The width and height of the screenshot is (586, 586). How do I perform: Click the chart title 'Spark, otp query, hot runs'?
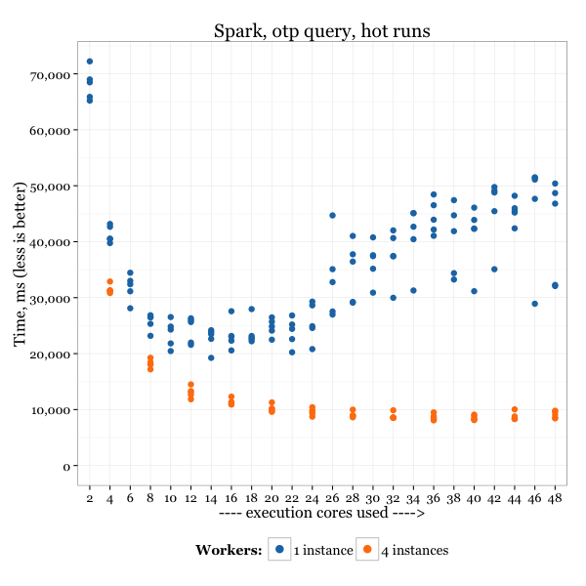click(321, 31)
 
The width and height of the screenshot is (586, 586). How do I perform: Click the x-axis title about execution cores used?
click(321, 512)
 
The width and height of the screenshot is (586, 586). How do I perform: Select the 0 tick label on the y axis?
click(67, 466)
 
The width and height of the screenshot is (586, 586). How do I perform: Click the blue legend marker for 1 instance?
click(279, 550)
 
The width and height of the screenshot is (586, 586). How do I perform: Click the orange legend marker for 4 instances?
click(367, 550)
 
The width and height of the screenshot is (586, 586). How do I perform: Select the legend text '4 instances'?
click(414, 551)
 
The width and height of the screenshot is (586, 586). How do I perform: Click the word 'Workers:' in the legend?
click(229, 551)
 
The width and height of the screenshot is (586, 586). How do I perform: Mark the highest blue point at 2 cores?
click(90, 62)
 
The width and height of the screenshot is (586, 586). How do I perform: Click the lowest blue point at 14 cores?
click(211, 357)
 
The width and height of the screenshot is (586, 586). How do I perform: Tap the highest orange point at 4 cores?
click(110, 281)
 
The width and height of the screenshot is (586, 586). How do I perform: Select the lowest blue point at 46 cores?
click(534, 304)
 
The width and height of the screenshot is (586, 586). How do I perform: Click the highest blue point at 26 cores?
click(332, 215)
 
